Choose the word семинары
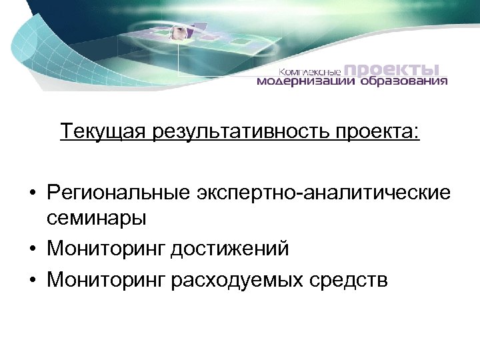(x=97, y=218)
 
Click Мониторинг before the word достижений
(x=105, y=249)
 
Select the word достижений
(x=229, y=249)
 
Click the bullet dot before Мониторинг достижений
(x=32, y=249)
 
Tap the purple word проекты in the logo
(x=394, y=69)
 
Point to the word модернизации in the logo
(x=307, y=83)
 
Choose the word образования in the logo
(x=405, y=83)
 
